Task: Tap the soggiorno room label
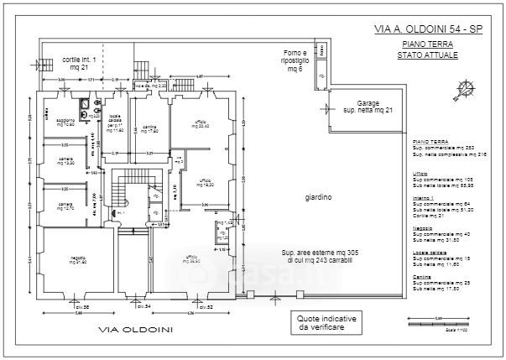pyautogui.click(x=65, y=122)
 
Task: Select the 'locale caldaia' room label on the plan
pyautogui.click(x=116, y=128)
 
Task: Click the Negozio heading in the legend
pyautogui.click(x=423, y=228)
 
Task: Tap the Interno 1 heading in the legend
pyautogui.click(x=423, y=198)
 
